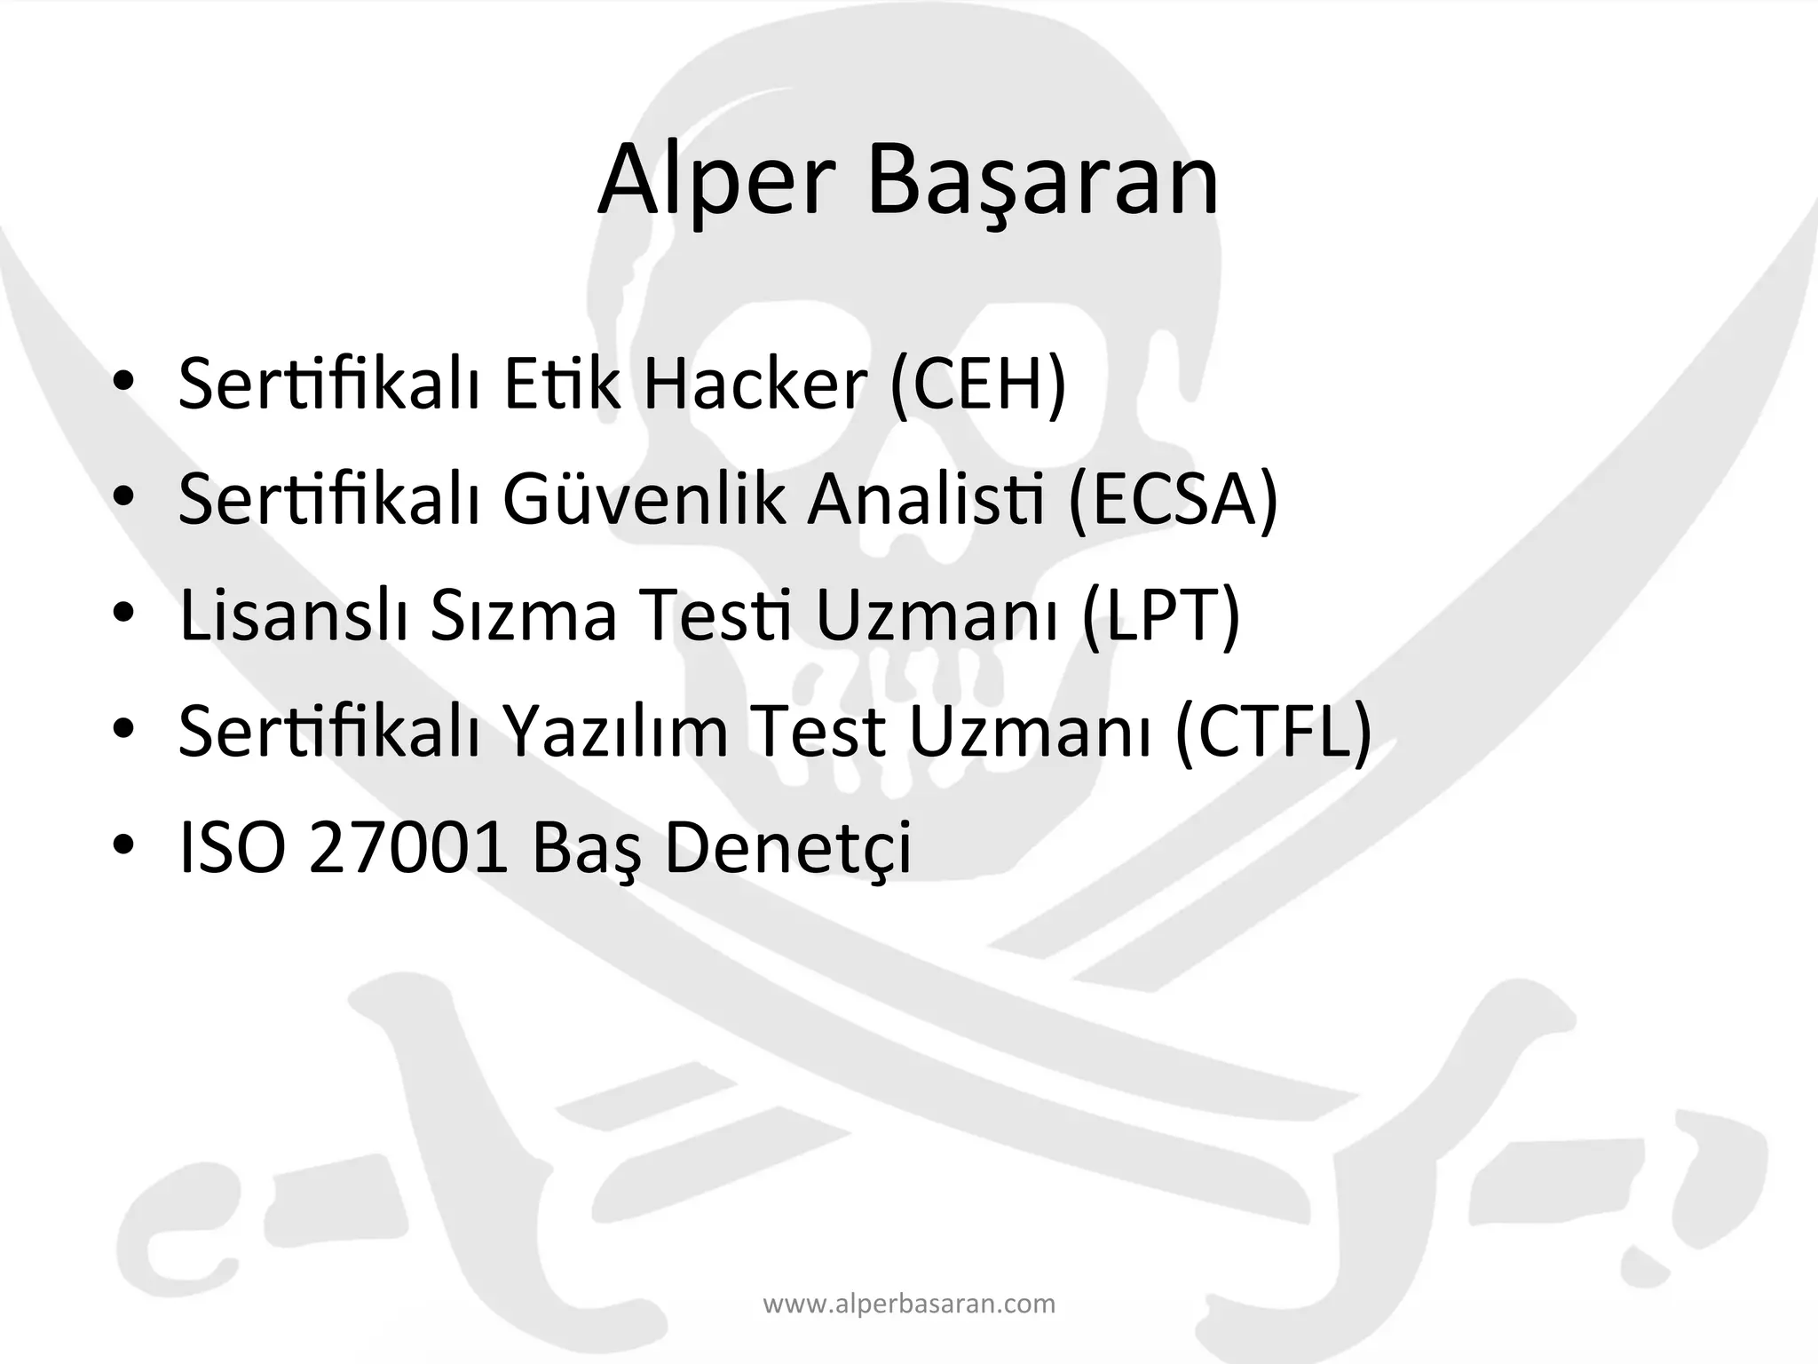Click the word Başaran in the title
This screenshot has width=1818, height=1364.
click(1042, 182)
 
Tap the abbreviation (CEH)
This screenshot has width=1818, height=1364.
click(977, 385)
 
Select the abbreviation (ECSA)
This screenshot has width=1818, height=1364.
click(1173, 500)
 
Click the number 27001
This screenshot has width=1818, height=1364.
click(407, 846)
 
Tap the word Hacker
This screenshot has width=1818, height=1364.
click(754, 385)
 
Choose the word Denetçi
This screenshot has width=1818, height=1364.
click(787, 846)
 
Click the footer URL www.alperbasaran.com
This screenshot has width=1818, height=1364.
click(909, 1305)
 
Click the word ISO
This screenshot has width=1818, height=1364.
click(233, 846)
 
